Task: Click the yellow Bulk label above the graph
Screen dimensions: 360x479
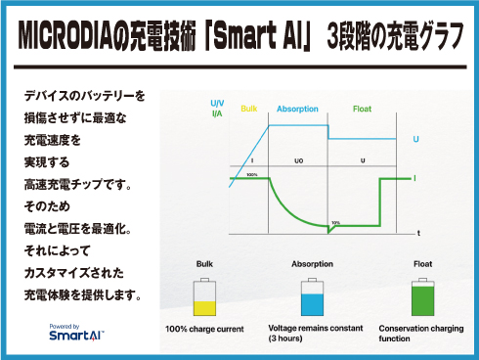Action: click(x=248, y=109)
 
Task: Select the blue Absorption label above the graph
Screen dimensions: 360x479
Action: click(x=297, y=109)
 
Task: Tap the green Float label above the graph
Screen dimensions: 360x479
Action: click(x=362, y=109)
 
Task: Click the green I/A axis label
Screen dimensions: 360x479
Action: click(x=216, y=113)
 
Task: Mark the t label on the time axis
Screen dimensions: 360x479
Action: click(x=418, y=234)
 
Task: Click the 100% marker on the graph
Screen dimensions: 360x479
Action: click(x=252, y=174)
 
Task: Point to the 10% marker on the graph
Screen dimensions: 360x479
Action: click(x=335, y=222)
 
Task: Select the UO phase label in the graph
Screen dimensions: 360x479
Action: click(x=298, y=158)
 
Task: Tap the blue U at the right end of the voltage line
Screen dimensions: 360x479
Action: click(x=416, y=140)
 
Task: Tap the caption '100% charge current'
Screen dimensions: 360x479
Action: click(x=204, y=329)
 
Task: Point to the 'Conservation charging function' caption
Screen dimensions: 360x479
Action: click(x=421, y=333)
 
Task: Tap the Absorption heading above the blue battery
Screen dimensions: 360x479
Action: click(x=311, y=264)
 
